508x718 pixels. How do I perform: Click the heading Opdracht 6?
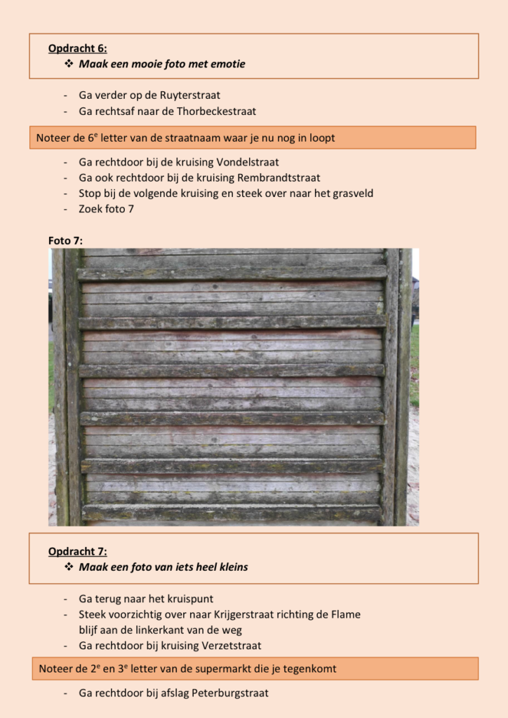[77, 48]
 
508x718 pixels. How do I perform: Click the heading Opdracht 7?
[77, 551]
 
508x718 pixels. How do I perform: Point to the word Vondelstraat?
[248, 162]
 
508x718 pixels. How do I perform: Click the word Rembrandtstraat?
[279, 177]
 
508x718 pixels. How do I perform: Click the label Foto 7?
[65, 241]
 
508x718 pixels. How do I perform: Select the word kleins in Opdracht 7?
[232, 567]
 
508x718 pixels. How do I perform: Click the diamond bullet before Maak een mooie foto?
[69, 64]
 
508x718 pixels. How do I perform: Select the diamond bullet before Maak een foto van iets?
[69, 567]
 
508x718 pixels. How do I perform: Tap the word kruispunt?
[189, 599]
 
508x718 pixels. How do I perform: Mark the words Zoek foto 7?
[106, 208]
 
